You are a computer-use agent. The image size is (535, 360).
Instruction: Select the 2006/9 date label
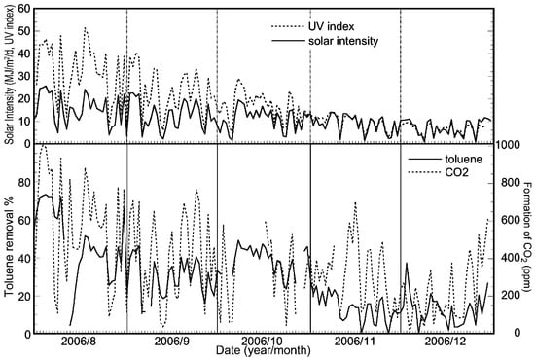171,342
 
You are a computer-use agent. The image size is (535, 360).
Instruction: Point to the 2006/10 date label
263,342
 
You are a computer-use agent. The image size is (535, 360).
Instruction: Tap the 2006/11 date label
354,342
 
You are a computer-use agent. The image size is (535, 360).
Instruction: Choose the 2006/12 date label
446,342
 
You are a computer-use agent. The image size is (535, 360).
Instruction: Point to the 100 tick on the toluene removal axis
20,144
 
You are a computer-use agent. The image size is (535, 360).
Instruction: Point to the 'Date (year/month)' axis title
263,352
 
